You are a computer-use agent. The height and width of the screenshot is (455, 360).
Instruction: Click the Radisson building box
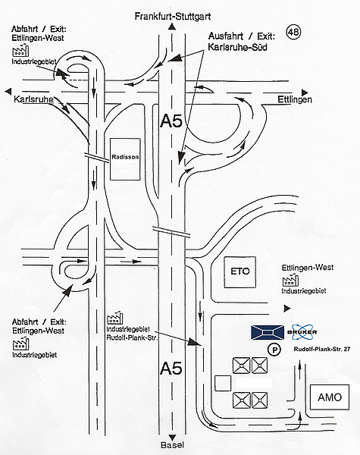(125, 159)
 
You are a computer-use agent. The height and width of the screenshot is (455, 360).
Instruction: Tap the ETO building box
(240, 272)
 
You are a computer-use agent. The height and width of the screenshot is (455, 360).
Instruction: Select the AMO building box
(330, 397)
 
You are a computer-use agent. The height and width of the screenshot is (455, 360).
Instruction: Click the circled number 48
(293, 32)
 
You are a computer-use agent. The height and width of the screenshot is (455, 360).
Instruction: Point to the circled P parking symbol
(274, 350)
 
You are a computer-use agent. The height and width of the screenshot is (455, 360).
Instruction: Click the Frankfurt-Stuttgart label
(173, 16)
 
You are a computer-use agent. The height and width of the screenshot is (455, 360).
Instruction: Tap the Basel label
(172, 445)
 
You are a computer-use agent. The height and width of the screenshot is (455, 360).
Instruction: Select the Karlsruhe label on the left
(33, 99)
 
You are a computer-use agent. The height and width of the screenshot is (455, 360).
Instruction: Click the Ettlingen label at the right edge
(295, 99)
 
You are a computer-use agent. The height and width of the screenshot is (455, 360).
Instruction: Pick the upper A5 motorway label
(171, 121)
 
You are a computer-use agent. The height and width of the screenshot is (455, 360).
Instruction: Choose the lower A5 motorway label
(171, 369)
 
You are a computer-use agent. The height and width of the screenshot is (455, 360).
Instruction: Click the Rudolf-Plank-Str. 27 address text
(321, 349)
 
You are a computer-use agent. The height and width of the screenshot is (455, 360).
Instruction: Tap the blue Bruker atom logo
(302, 332)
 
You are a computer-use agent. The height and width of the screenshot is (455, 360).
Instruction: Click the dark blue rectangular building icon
(268, 332)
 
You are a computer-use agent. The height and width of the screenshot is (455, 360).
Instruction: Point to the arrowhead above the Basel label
(172, 438)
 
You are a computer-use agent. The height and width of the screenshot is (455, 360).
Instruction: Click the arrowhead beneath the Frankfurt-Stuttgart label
(172, 27)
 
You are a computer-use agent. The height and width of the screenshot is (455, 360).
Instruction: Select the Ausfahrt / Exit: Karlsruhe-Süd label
(241, 42)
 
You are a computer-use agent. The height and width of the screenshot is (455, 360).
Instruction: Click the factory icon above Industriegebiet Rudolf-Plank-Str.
(115, 318)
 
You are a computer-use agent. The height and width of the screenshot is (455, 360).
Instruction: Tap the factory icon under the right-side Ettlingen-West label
(290, 280)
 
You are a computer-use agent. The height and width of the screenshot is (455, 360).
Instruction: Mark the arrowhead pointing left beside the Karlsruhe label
(8, 92)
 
